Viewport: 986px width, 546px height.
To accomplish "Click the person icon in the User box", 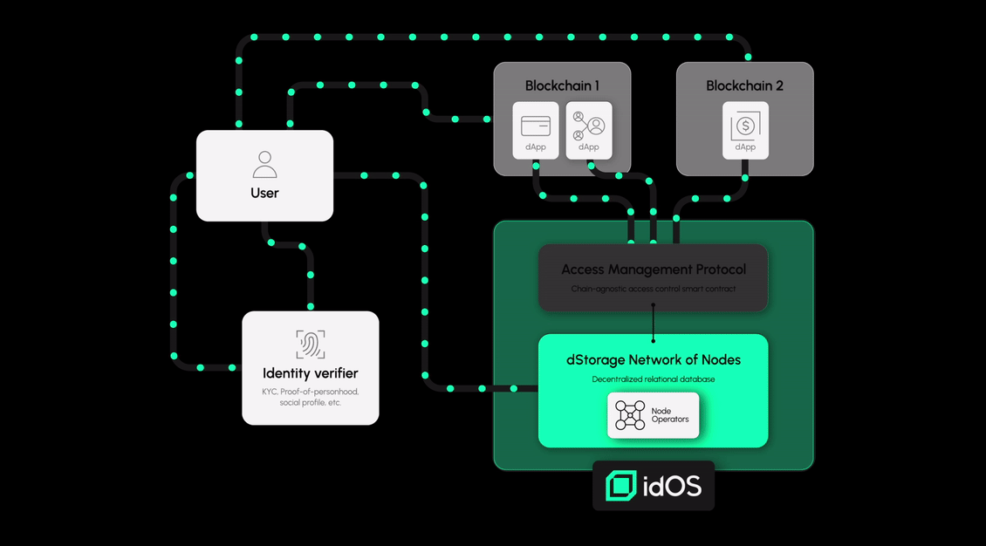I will coord(264,165).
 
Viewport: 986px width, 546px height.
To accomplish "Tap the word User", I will coord(264,193).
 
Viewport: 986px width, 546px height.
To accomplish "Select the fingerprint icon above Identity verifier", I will coord(311,345).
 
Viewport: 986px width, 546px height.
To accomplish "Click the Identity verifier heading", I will coord(311,373).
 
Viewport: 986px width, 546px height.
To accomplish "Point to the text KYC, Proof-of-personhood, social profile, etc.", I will coord(311,397).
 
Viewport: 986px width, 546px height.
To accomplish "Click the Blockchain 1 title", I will coord(562,85).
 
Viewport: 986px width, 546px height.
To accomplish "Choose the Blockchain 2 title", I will coord(744,85).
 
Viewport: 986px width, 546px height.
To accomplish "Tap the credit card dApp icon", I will coord(536,126).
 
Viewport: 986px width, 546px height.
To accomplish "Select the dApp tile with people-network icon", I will coord(589,130).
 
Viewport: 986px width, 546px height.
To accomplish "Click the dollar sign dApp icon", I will coord(745,126).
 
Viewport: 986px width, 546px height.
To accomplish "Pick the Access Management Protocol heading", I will coord(654,270).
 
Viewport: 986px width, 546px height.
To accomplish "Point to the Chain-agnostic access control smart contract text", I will coord(654,289).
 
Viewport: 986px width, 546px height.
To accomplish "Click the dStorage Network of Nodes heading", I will coord(654,359).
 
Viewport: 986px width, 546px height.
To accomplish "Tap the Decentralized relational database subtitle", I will coord(654,379).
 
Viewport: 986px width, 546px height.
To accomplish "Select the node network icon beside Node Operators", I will coord(630,415).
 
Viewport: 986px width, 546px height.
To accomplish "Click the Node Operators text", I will coord(670,415).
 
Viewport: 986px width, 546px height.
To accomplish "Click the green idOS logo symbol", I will coord(621,486).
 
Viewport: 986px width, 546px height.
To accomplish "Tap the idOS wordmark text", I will coord(672,486).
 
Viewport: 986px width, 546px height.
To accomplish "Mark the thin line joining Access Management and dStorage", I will coord(654,323).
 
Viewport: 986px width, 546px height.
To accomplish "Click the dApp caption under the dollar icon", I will coord(745,147).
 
